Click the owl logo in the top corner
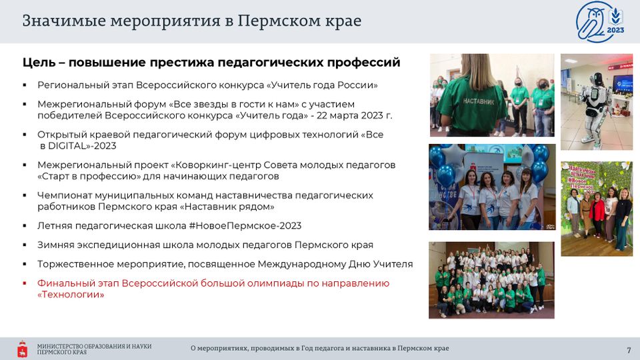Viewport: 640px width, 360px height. click(x=600, y=21)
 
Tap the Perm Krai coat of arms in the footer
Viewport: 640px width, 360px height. click(x=23, y=349)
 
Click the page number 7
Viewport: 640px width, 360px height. click(x=629, y=350)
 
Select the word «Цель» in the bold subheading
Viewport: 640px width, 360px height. click(x=39, y=63)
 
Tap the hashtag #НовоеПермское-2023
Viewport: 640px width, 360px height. click(x=245, y=226)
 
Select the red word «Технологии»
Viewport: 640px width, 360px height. click(x=71, y=294)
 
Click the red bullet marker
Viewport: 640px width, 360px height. click(x=25, y=283)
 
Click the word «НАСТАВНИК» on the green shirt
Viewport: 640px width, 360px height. click(x=479, y=101)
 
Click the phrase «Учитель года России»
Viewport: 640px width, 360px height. click(x=321, y=85)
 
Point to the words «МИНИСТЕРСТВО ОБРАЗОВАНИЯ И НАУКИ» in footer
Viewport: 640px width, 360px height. click(x=94, y=346)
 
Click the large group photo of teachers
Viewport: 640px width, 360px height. click(x=491, y=280)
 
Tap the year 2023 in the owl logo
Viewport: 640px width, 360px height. click(x=615, y=30)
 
